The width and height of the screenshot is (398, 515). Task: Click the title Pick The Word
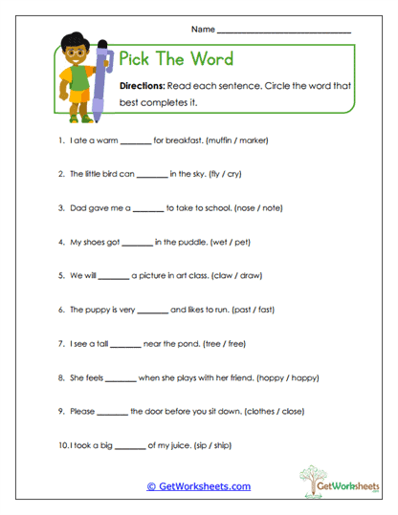tap(175, 59)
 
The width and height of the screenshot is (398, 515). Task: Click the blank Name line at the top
tap(284, 32)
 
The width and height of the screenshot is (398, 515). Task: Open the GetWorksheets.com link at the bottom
tap(198, 485)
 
